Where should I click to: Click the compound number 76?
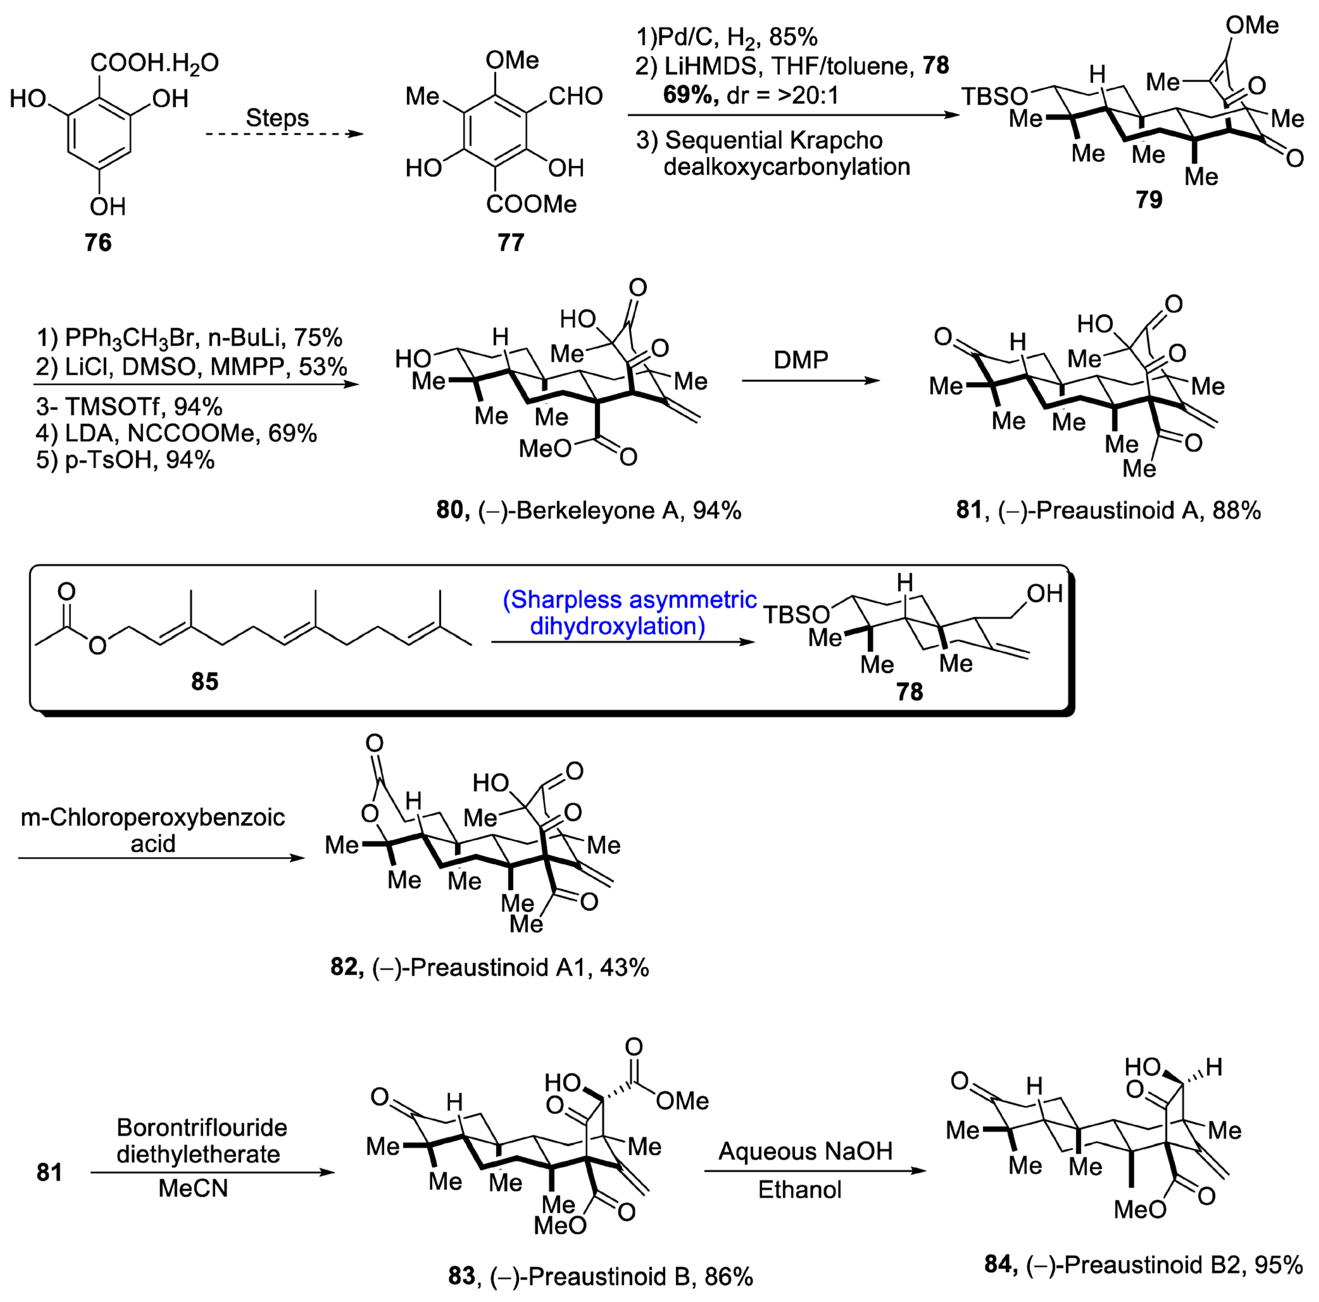tap(98, 242)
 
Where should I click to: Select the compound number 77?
tap(511, 242)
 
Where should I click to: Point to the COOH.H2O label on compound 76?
tap(154, 63)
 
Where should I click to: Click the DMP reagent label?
tap(801, 360)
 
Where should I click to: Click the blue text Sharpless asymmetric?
tap(629, 600)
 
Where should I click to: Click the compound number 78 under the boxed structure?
tap(910, 692)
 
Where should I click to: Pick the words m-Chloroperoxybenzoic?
tap(152, 817)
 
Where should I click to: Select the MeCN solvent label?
tap(193, 1189)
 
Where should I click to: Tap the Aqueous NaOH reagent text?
tap(805, 1151)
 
